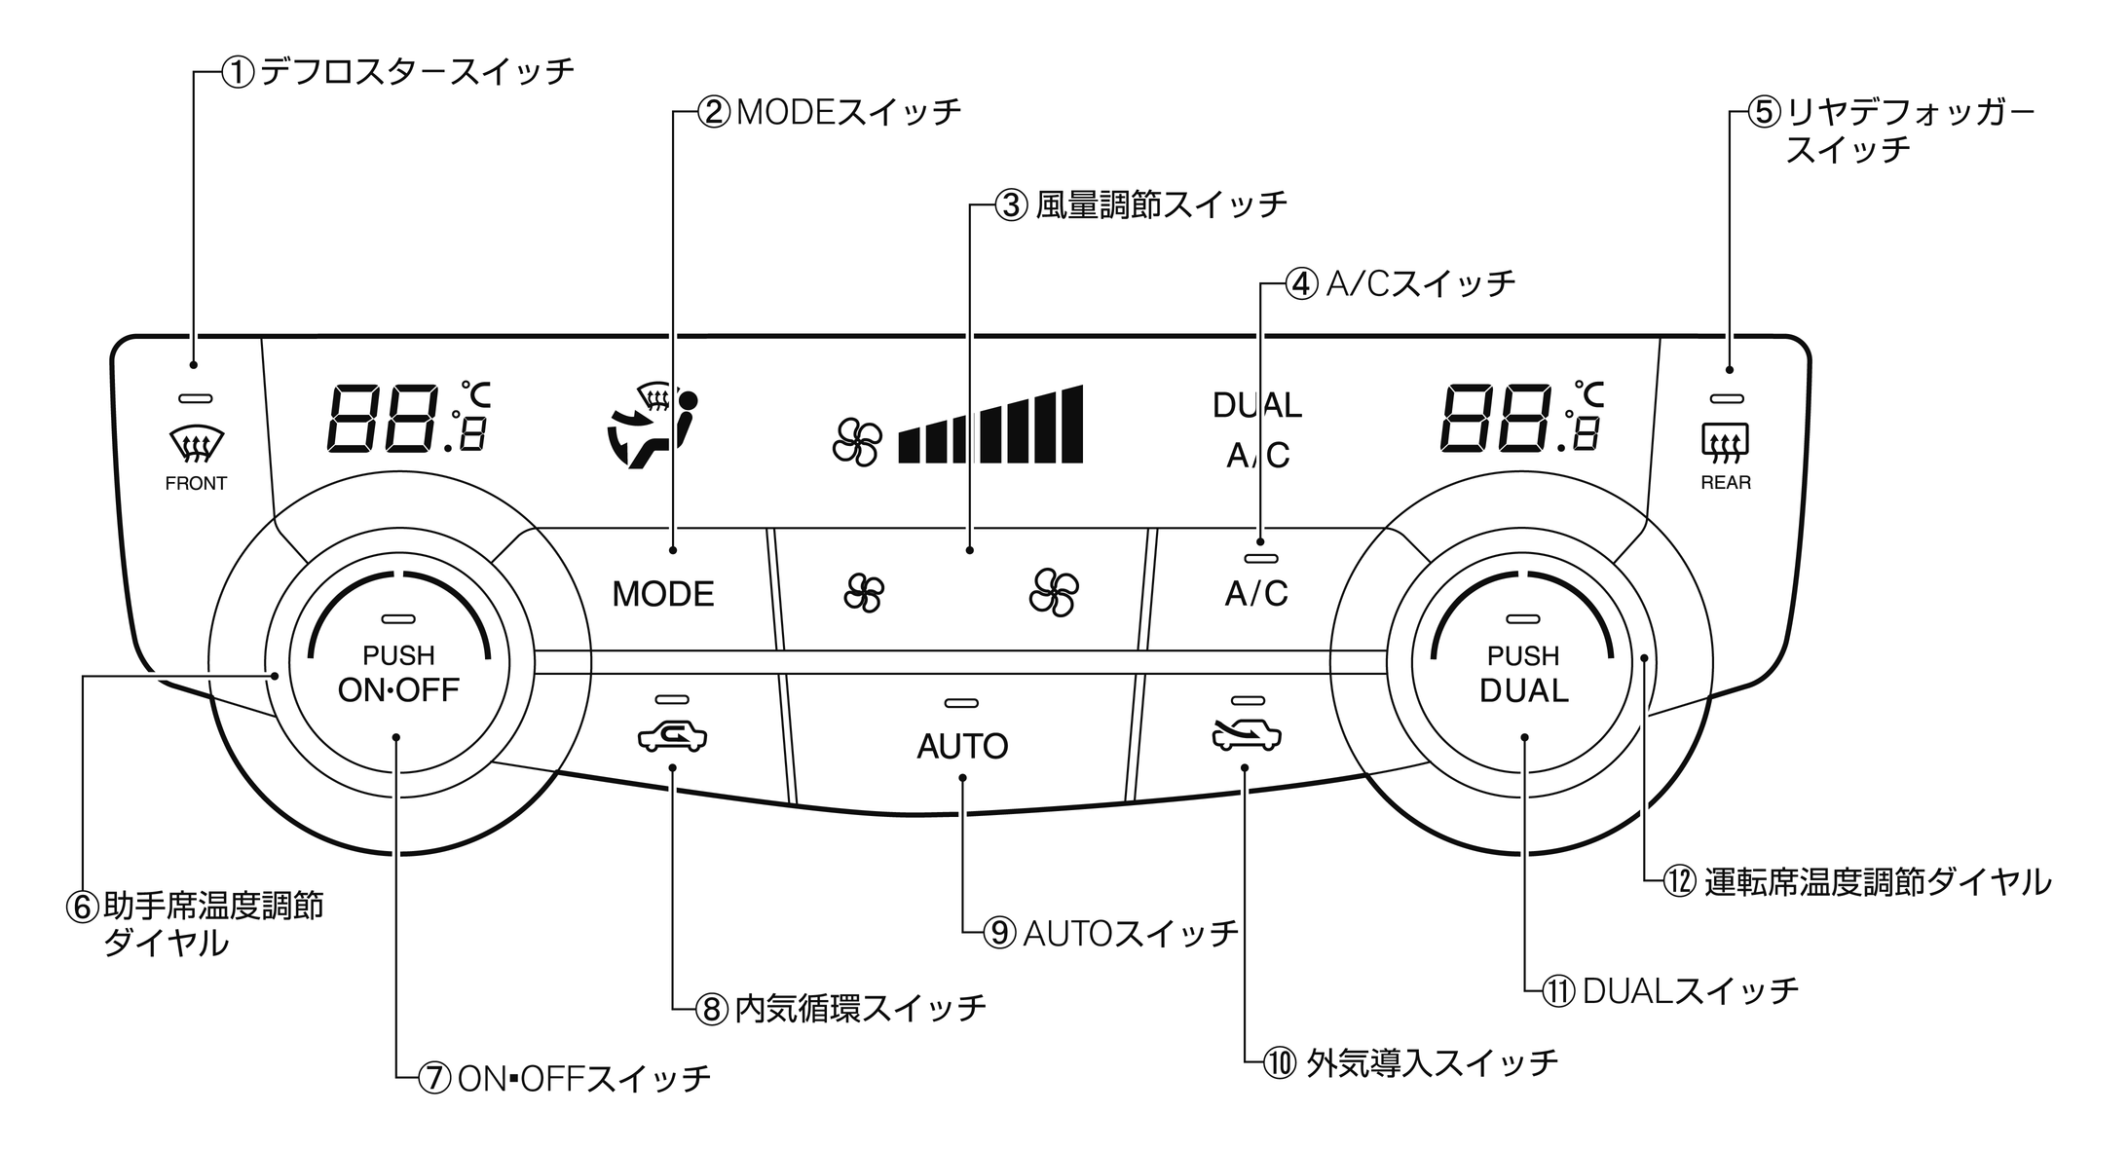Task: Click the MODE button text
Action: coord(662,594)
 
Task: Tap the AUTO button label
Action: coord(962,747)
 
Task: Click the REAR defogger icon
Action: coord(1725,443)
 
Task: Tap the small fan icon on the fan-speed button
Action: coord(864,593)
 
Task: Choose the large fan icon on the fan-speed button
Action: coord(1053,592)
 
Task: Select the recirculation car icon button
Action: coord(672,737)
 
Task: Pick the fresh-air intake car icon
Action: coord(1247,736)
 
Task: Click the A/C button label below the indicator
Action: coord(1256,593)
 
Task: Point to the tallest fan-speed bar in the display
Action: coord(1071,424)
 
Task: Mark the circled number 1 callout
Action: coord(239,73)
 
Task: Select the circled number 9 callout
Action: coord(999,934)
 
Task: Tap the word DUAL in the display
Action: coord(1256,405)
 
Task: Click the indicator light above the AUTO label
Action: coord(961,703)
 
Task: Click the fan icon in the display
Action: coord(857,443)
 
